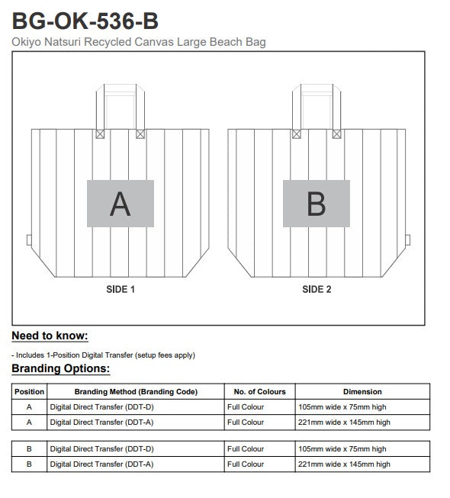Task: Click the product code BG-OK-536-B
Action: tap(85, 21)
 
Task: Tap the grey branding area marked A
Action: tap(121, 204)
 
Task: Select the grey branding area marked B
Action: tap(317, 204)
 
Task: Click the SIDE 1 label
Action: tap(121, 289)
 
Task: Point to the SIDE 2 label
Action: tap(317, 289)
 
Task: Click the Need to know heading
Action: tap(50, 336)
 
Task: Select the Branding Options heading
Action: tap(61, 368)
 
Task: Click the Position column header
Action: tap(29, 391)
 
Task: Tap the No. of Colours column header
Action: tap(259, 391)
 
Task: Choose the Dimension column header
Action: tap(362, 391)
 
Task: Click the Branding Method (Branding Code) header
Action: tap(136, 391)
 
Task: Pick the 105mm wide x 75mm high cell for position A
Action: tap(342, 406)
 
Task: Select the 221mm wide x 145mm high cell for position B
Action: tap(344, 464)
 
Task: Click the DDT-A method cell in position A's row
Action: tap(101, 422)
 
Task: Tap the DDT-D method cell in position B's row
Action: tap(101, 448)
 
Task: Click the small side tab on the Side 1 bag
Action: tap(29, 240)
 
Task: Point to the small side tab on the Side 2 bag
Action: tap(408, 240)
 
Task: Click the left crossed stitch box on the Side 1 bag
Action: tap(100, 134)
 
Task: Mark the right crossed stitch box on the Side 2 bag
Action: tap(337, 134)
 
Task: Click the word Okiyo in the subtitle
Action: tap(27, 42)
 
